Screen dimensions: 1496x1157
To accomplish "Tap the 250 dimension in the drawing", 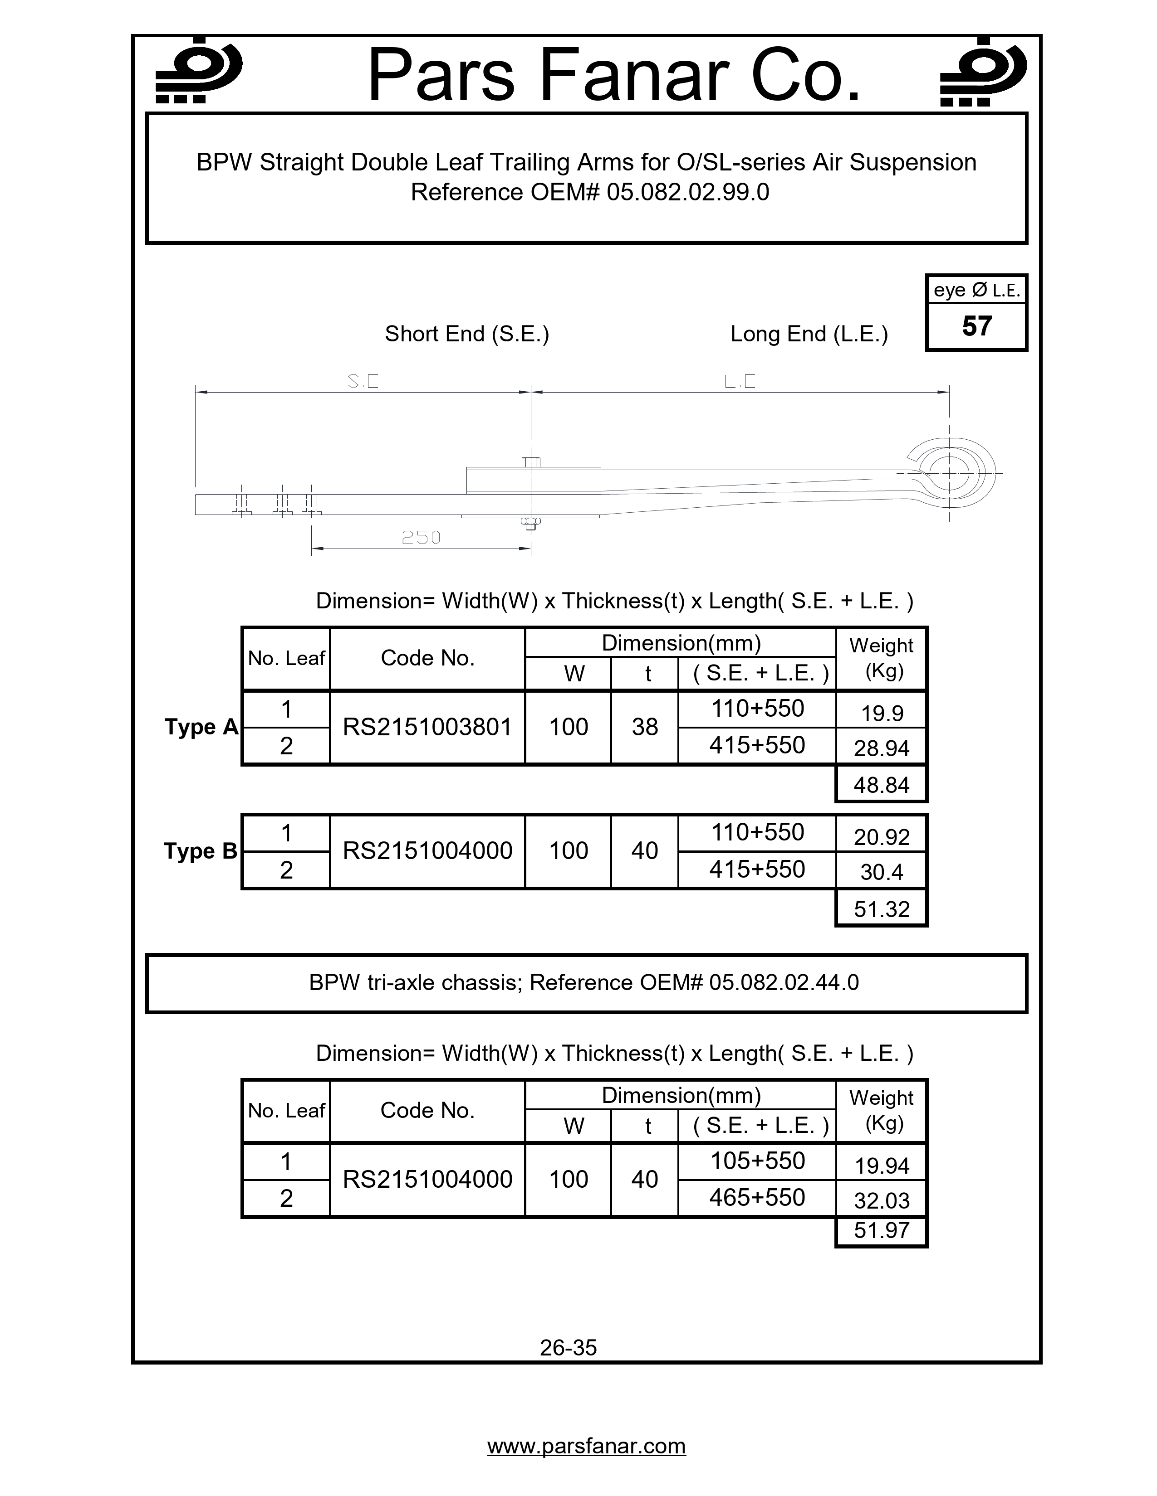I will pyautogui.click(x=421, y=538).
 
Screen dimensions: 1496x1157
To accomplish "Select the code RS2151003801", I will pyautogui.click(x=427, y=727).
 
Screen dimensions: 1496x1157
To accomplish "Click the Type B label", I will pyautogui.click(x=200, y=851).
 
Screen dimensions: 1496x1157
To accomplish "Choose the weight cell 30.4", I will pyautogui.click(x=881, y=872).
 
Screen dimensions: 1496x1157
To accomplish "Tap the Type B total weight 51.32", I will pyautogui.click(x=881, y=909).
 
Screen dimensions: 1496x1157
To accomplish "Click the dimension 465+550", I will pyautogui.click(x=757, y=1197).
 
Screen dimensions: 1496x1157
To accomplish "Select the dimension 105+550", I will pyautogui.click(x=757, y=1161).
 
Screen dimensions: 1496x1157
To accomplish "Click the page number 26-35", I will pyautogui.click(x=568, y=1347).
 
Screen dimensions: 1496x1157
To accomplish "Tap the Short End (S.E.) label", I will pyautogui.click(x=467, y=334).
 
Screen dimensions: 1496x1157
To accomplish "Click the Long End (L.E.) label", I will pyautogui.click(x=809, y=334).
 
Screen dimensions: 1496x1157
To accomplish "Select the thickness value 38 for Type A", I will pyautogui.click(x=644, y=727).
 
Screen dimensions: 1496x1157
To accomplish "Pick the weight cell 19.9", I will pyautogui.click(x=881, y=713).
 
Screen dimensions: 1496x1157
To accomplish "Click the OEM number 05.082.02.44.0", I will pyautogui.click(x=784, y=982).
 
